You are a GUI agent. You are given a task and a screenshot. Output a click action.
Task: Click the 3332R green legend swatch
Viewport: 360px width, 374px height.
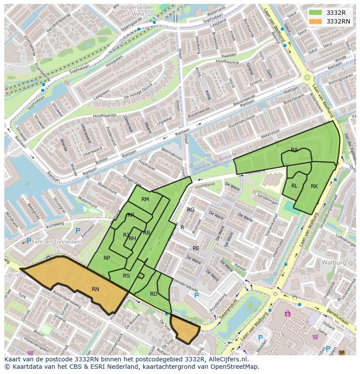click(x=316, y=13)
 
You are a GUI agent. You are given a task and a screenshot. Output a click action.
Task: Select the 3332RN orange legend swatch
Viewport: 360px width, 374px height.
click(x=316, y=21)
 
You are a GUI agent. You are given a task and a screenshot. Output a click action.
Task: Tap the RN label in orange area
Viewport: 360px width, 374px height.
click(x=95, y=289)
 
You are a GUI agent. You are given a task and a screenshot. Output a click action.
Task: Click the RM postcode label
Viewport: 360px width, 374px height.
click(x=145, y=199)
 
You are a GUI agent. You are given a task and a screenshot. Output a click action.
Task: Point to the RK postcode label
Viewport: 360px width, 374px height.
click(x=314, y=186)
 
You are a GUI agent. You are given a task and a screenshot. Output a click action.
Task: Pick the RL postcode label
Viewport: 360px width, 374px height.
click(x=294, y=186)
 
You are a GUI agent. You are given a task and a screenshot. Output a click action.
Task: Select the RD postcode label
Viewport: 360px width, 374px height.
click(x=153, y=294)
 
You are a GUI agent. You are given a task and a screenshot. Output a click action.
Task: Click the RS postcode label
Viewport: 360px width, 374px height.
click(x=127, y=276)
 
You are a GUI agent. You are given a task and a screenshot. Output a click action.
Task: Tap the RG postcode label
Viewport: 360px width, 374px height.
click(x=190, y=210)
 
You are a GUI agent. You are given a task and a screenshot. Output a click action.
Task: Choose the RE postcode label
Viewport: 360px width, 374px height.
click(x=196, y=248)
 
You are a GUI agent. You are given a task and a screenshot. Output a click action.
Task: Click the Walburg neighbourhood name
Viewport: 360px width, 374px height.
click(x=333, y=263)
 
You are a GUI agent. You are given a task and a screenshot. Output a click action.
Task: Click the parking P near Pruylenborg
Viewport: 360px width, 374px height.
click(x=197, y=295)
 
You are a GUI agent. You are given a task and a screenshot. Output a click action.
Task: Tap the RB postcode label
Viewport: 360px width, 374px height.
click(x=147, y=233)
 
